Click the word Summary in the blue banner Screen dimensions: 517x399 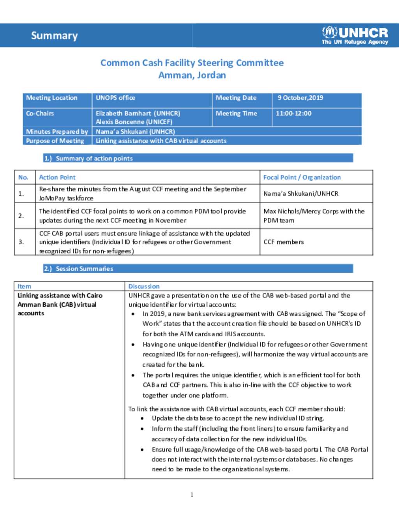click(54, 36)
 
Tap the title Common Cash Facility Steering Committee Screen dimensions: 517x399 click(192, 63)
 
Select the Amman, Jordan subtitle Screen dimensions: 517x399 click(192, 75)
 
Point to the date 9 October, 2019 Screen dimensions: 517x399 click(300, 98)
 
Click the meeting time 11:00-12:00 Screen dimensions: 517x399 click(293, 114)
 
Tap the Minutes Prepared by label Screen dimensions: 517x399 click(57, 131)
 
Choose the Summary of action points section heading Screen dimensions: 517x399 click(94, 158)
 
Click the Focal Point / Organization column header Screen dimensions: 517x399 click(302, 178)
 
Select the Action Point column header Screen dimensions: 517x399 click(57, 178)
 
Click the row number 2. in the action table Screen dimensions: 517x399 click(21, 216)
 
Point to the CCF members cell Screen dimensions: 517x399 click(283, 242)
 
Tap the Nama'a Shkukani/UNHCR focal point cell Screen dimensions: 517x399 click(300, 194)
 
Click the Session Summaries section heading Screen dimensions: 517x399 click(84, 269)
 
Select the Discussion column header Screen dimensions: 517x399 click(144, 286)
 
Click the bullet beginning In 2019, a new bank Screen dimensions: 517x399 click(253, 323)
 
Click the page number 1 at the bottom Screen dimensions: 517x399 click(192, 495)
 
